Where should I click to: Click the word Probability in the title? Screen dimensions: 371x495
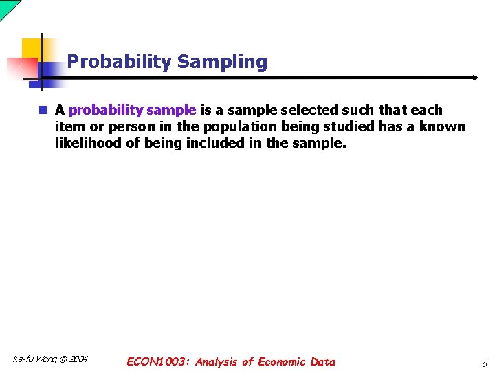click(x=119, y=62)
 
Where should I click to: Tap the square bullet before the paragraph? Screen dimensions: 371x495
click(x=43, y=110)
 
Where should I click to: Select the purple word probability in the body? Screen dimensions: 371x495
click(x=101, y=110)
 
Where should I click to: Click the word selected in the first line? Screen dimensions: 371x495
click(x=311, y=110)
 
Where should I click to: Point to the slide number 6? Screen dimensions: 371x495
click(x=483, y=363)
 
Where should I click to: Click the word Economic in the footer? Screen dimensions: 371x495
click(x=283, y=361)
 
